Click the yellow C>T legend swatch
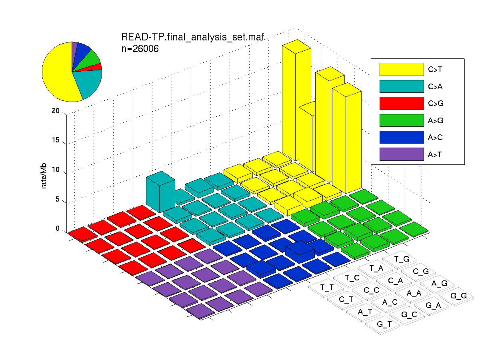[402, 69]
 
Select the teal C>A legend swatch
[402, 86]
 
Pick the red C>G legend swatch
[402, 103]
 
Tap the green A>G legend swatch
[402, 120]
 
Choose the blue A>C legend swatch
[402, 137]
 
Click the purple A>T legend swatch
[402, 154]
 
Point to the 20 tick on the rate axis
[56, 111]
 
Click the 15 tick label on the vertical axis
[56, 140]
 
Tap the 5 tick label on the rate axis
[57, 199]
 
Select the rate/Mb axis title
[44, 176]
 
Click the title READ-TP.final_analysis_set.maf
[193, 37]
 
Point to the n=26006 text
[140, 49]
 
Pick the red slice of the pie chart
[96, 68]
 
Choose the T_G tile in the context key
[400, 260]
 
